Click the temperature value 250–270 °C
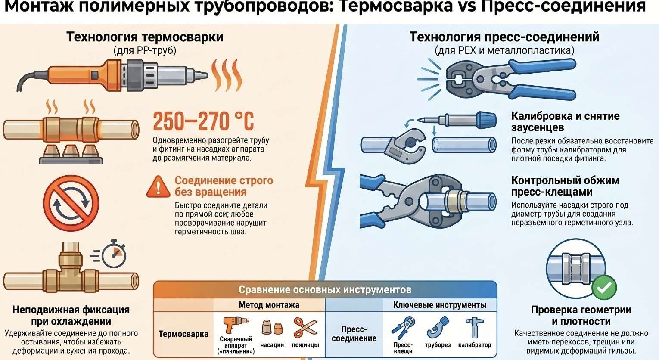pos(203,121)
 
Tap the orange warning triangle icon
pos(158,186)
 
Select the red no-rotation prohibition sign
pos(71,203)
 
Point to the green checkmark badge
pos(604,287)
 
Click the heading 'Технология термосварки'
pos(145,37)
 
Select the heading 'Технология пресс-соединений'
pos(504,37)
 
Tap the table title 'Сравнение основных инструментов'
pos(325,290)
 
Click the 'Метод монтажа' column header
pos(269,305)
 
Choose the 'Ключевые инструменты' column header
pos(440,305)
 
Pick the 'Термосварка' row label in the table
pos(183,334)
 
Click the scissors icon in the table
pos(305,328)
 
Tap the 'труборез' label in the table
pos(438,345)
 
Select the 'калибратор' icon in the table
pos(474,327)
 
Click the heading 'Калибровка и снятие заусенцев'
pos(566,122)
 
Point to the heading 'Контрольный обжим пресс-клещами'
pos(565,186)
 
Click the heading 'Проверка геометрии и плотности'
pos(581,316)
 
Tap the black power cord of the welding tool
pos(31,79)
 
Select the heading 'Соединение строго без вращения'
pos(224,186)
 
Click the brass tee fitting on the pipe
pos(71,270)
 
